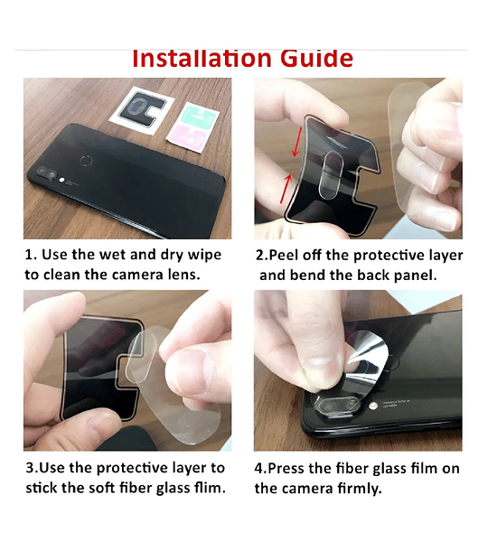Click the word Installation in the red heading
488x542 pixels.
(202, 58)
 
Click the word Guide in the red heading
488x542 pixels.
(316, 58)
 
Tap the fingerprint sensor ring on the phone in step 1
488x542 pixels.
(86, 161)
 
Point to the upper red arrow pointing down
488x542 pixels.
(297, 142)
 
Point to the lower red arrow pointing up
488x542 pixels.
(286, 189)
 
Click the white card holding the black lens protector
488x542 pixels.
(142, 109)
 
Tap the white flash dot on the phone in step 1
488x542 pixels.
(62, 180)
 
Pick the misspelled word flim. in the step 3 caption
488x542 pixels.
(210, 488)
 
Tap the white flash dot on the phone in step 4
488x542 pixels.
(373, 406)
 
